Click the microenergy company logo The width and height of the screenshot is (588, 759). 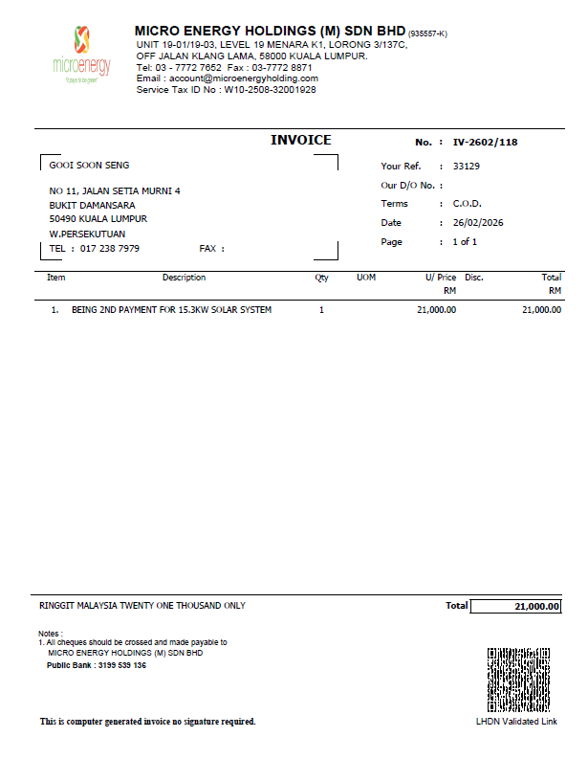(82, 54)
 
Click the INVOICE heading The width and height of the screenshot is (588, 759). (300, 141)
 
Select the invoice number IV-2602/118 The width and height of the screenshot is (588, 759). (485, 143)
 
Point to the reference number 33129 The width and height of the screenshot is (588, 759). (466, 166)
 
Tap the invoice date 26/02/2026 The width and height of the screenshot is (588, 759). (478, 223)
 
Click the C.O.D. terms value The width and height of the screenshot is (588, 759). (467, 204)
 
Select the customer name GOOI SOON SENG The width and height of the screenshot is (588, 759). (89, 166)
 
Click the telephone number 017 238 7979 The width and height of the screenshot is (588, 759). (110, 249)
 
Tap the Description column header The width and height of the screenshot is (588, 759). (184, 278)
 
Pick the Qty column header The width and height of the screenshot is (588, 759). (321, 278)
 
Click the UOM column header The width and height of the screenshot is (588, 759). (365, 278)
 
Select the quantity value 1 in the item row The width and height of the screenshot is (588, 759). (321, 310)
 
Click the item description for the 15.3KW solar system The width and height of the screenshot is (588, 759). (171, 310)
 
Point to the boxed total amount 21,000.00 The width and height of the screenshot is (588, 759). (516, 607)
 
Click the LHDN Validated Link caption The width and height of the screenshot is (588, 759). (516, 722)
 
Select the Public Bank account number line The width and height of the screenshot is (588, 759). (97, 665)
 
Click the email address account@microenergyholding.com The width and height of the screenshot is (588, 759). (227, 78)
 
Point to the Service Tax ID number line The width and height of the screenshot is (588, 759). (226, 90)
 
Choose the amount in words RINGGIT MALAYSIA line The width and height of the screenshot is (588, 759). (142, 606)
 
